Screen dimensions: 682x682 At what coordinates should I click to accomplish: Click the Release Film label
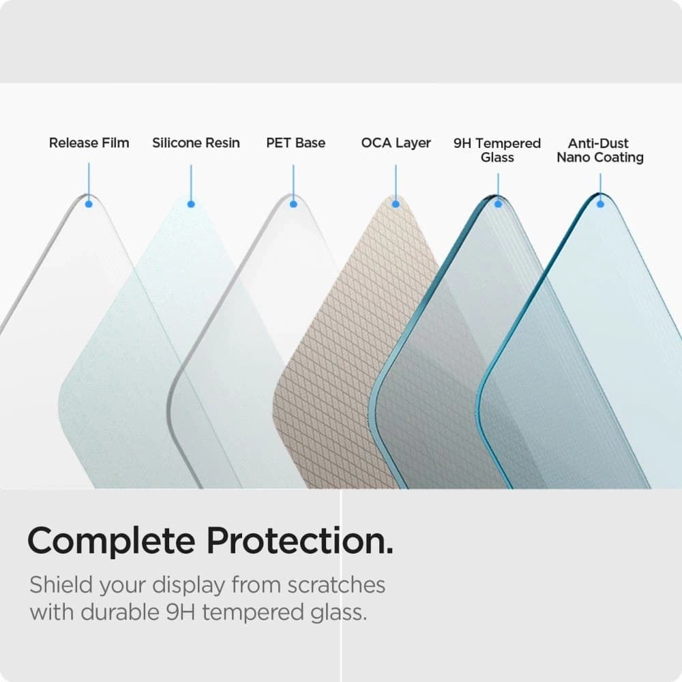(x=89, y=143)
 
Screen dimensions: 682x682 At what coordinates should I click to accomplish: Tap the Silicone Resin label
(x=196, y=143)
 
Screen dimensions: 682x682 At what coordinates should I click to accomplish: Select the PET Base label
(x=295, y=143)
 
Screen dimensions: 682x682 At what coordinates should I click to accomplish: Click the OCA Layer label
(x=396, y=143)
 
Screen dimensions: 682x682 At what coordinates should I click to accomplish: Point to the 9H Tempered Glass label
(x=497, y=150)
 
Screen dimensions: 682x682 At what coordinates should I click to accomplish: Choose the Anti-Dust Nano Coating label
(x=600, y=150)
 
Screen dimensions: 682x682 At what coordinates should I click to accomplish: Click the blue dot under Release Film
(x=89, y=203)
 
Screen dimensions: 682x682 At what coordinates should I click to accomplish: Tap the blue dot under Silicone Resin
(x=191, y=203)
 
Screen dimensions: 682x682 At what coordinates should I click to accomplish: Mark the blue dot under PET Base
(x=293, y=203)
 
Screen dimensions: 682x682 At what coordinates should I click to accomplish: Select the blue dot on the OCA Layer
(x=396, y=203)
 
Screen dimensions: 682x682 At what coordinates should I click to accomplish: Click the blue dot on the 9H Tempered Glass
(x=498, y=203)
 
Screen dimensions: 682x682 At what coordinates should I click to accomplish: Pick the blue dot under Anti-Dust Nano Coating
(x=600, y=203)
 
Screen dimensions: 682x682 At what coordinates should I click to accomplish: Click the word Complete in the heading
(x=110, y=542)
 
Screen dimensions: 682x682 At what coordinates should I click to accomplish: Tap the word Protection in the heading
(x=299, y=542)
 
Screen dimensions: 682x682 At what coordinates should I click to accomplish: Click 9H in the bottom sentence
(x=179, y=612)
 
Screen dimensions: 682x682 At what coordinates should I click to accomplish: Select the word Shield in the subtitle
(x=59, y=585)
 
